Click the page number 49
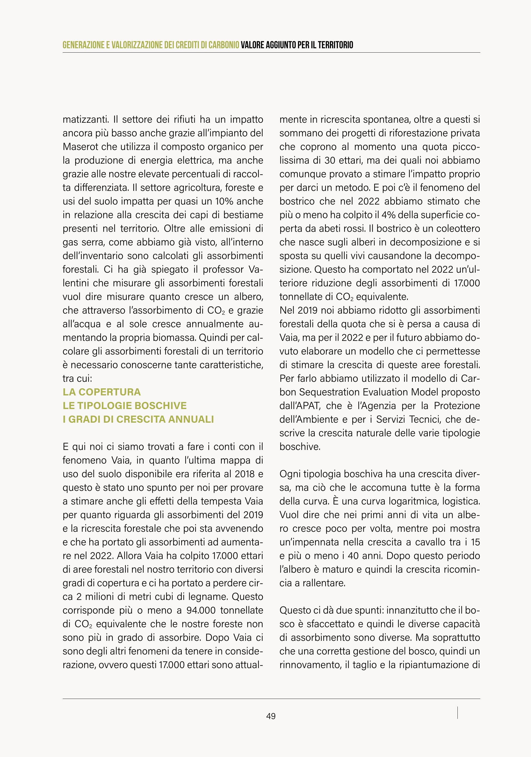point(271,716)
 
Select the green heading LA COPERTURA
point(101,392)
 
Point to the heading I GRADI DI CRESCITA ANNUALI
point(138,419)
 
